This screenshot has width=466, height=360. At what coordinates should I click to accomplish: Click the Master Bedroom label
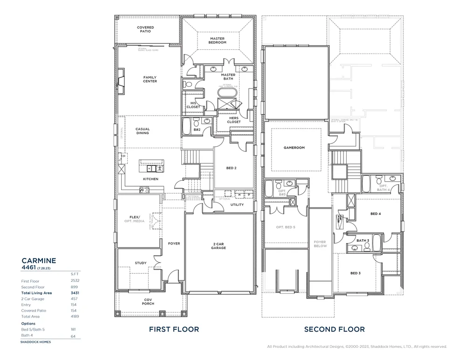tap(218, 41)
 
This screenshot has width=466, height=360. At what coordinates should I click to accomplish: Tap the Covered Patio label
tap(145, 29)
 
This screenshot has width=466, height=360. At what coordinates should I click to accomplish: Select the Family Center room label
tap(150, 79)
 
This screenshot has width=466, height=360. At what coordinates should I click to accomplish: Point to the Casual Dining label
tap(143, 131)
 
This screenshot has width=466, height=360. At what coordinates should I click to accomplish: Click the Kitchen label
tap(151, 179)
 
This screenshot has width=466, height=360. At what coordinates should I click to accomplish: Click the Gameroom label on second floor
tap(294, 148)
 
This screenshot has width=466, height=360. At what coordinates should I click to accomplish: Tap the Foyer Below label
tap(320, 244)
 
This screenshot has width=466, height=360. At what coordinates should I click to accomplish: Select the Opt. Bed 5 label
tap(286, 227)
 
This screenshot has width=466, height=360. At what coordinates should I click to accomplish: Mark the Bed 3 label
tap(356, 273)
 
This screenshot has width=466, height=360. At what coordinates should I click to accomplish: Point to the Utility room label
tap(237, 204)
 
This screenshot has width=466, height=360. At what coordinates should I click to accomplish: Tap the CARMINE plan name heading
tap(39, 260)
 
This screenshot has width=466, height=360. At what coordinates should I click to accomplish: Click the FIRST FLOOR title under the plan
tap(174, 329)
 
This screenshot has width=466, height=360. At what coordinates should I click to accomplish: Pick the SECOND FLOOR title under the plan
tap(334, 329)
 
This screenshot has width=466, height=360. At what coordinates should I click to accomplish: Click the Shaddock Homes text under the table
tap(35, 341)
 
